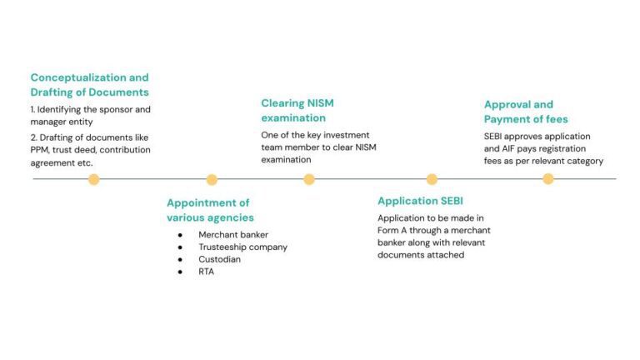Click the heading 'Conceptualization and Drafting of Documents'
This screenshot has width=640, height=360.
pos(89,84)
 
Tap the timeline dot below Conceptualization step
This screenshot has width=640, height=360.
pos(93,179)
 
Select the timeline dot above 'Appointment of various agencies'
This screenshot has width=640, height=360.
pos(212,179)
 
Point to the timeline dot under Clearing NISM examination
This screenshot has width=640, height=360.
pos(309,179)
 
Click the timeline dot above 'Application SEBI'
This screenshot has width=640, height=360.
pos(432,179)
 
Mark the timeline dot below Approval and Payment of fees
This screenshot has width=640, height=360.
pos(547,179)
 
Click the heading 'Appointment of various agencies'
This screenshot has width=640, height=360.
pos(210,210)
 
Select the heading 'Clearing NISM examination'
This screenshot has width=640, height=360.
pos(298,111)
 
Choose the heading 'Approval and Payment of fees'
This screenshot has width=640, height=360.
pos(526,112)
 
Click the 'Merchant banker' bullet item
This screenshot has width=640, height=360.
pos(232,235)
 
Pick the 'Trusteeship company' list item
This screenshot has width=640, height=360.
pos(242,247)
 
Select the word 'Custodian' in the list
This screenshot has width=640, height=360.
pos(219,259)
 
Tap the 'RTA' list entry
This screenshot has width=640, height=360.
pos(206,272)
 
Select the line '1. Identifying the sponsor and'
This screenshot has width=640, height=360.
pos(90,109)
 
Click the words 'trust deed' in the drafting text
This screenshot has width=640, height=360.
pos(79,150)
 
